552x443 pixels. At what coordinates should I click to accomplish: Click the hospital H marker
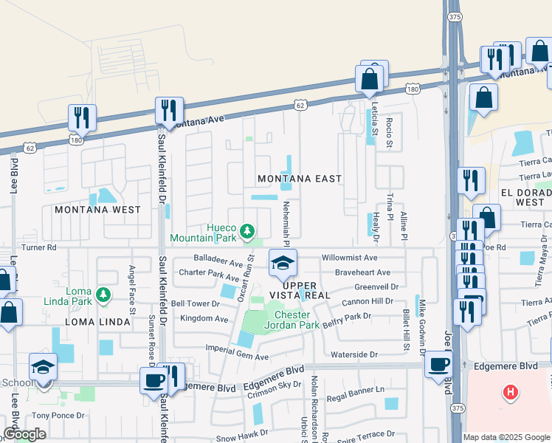(509, 391)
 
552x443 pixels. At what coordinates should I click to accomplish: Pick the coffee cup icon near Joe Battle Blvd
(438, 365)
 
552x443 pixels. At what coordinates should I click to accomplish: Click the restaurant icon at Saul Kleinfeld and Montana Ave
(169, 111)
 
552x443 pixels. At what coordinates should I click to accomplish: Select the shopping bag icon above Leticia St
(369, 78)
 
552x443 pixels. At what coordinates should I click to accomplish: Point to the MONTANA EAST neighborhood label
(300, 179)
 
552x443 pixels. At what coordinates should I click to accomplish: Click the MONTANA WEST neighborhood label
(97, 210)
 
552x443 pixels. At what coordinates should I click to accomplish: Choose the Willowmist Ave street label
(350, 258)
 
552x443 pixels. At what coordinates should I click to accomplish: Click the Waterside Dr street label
(355, 354)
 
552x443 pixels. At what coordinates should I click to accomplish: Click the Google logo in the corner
(24, 433)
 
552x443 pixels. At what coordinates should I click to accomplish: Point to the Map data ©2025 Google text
(506, 437)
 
